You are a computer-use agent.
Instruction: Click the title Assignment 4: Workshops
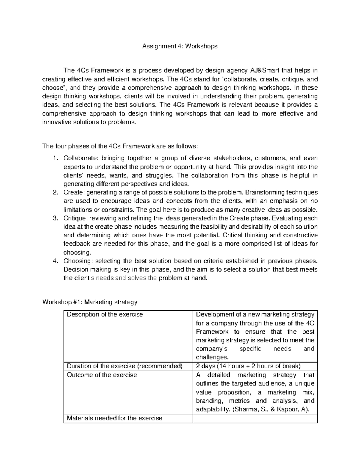(x=180, y=46)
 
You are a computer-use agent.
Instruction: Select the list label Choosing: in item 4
(x=77, y=261)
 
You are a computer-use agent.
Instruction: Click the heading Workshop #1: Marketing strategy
(x=90, y=302)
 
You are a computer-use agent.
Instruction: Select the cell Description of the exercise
(x=105, y=314)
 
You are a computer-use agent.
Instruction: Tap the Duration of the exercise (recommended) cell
(x=124, y=366)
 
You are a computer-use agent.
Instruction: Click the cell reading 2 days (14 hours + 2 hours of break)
(x=247, y=366)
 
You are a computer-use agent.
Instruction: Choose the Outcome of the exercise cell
(x=102, y=375)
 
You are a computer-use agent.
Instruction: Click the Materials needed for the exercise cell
(x=114, y=418)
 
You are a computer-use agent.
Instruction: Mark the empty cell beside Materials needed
(x=255, y=418)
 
